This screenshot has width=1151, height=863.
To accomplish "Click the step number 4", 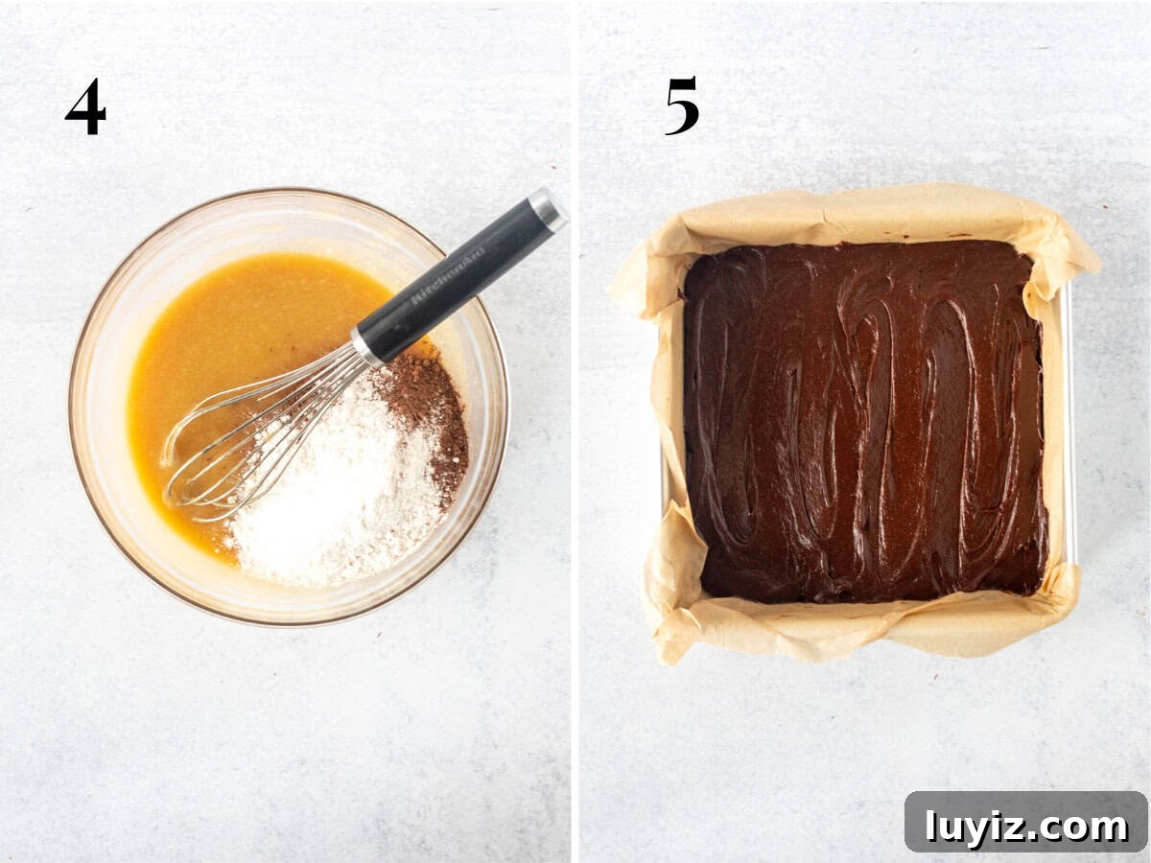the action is pyautogui.click(x=86, y=106).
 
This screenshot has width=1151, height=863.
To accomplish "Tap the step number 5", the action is pyautogui.click(x=682, y=105).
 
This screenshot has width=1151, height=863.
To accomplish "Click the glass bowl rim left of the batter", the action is pyautogui.click(x=86, y=404).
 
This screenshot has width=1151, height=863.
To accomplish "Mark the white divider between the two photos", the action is pyautogui.click(x=575, y=431).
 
